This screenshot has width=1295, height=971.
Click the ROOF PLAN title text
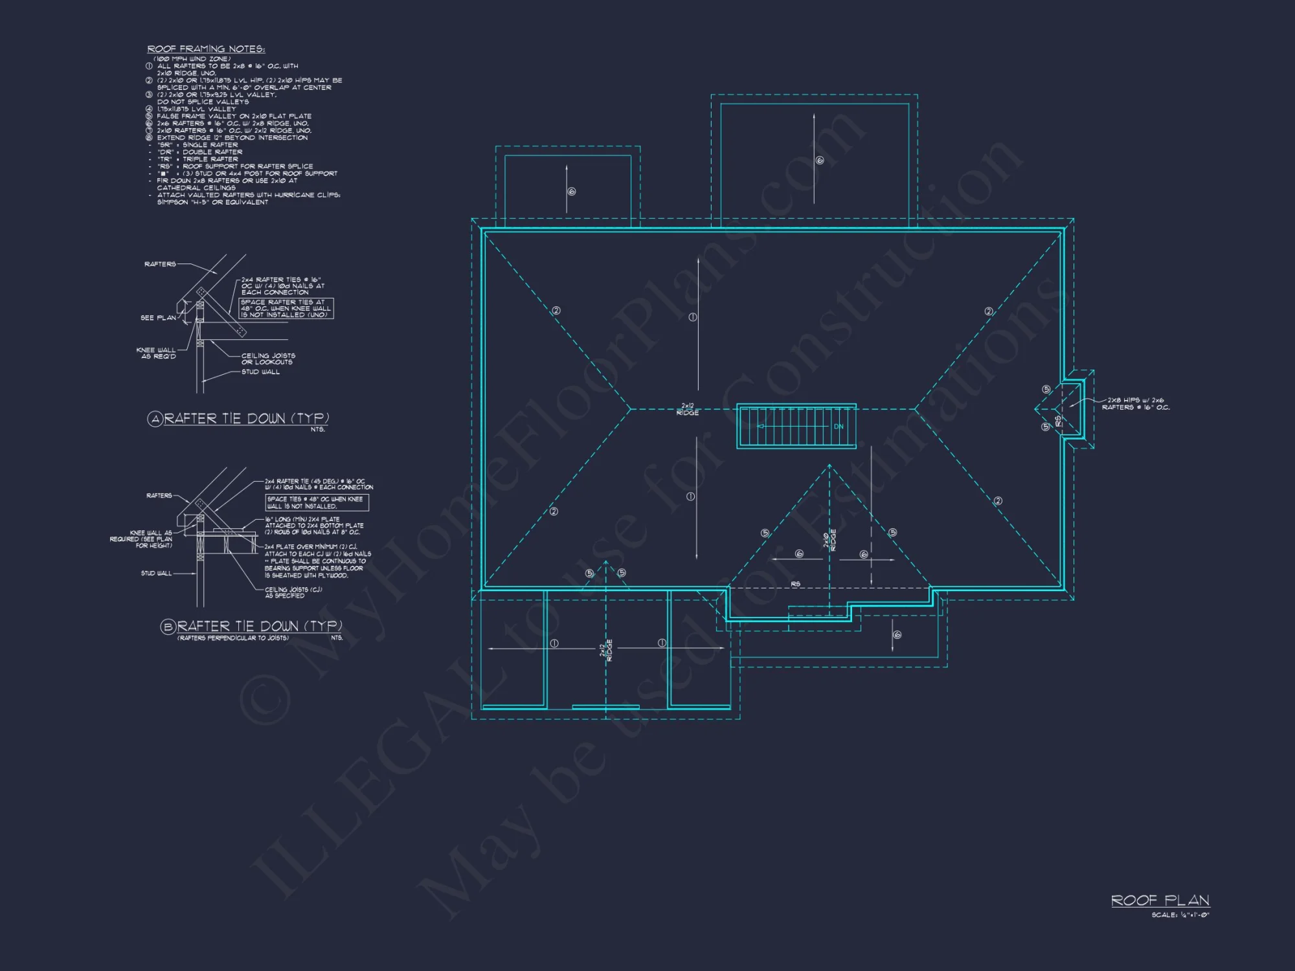coord(1160,900)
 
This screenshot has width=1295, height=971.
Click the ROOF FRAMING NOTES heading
coord(206,49)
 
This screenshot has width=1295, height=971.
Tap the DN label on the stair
coord(838,427)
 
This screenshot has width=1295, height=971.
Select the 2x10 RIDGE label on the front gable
coord(829,541)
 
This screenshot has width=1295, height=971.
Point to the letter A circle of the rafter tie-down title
coord(155,419)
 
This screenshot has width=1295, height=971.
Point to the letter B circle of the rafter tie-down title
coord(168,627)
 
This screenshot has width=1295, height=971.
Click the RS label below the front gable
coord(795,584)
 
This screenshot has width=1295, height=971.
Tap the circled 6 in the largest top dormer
coord(820,160)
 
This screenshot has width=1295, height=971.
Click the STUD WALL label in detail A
coord(260,372)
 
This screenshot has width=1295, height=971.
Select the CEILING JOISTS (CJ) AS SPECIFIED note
coord(293,592)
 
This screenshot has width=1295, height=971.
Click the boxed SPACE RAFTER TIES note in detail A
coord(286,308)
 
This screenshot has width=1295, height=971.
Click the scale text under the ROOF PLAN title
coord(1180,915)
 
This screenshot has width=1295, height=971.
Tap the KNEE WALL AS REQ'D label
coord(156,353)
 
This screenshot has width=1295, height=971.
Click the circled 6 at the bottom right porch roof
coord(897,635)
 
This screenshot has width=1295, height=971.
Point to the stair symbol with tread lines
coord(796,427)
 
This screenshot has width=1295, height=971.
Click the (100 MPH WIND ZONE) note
coord(192,59)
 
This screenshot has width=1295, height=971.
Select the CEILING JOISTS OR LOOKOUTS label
coord(268,359)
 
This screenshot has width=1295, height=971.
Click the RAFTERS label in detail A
coord(160,264)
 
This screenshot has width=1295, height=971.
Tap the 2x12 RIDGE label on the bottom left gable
coord(605,650)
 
